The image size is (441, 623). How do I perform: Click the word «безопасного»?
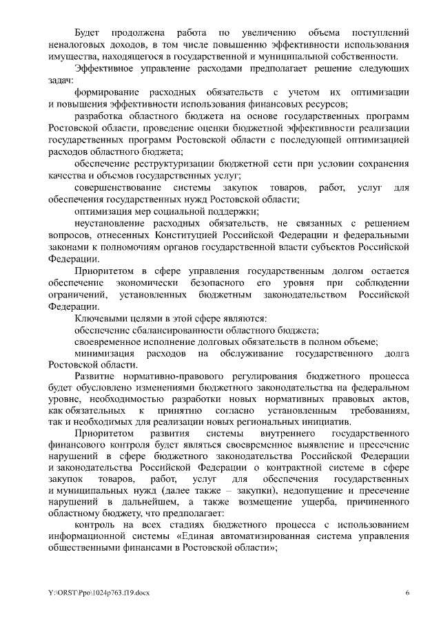[211, 283]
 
